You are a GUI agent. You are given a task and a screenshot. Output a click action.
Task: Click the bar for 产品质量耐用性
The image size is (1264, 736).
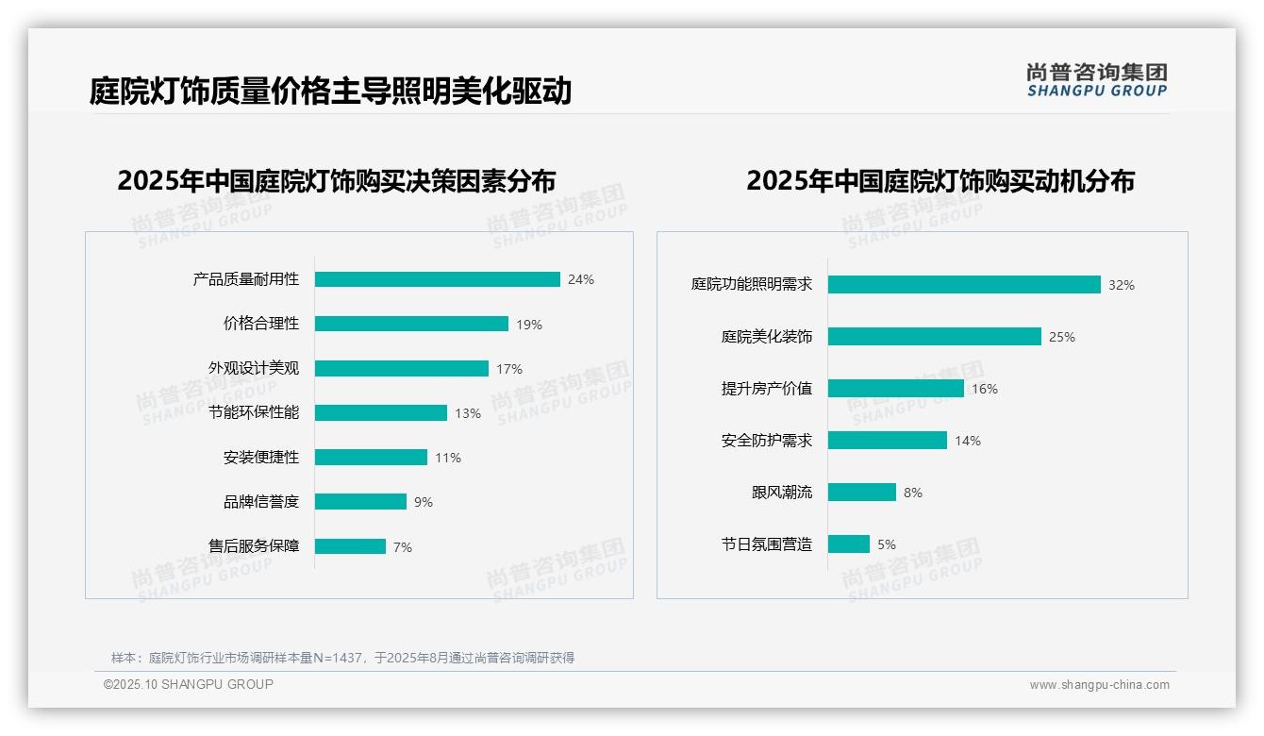(x=438, y=279)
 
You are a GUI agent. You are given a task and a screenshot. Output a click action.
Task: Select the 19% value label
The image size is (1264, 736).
(x=529, y=325)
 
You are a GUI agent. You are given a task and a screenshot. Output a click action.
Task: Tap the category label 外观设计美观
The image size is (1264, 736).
(x=254, y=368)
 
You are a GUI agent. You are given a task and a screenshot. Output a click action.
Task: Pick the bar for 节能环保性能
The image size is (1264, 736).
(x=381, y=413)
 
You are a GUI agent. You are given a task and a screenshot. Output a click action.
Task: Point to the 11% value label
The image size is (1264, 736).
(x=448, y=458)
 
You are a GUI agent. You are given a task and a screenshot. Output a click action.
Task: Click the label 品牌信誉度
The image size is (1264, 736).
(x=261, y=502)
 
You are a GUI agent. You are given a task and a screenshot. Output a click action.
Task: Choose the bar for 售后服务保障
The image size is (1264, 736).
(x=351, y=546)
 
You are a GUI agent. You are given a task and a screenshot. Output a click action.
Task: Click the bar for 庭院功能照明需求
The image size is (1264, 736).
(x=964, y=285)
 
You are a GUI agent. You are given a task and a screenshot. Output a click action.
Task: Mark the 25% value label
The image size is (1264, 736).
(x=1062, y=337)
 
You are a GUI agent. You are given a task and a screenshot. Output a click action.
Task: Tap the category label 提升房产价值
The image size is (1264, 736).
(x=767, y=389)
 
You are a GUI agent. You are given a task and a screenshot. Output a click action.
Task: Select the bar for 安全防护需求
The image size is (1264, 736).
(x=888, y=441)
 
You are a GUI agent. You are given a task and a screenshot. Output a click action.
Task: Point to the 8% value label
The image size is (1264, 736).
(x=913, y=493)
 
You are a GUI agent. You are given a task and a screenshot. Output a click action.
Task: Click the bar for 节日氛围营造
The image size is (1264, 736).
(x=849, y=544)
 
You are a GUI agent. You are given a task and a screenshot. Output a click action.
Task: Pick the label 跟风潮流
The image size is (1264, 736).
(x=782, y=493)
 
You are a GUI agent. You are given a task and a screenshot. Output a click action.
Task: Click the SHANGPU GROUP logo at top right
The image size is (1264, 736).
(x=1097, y=80)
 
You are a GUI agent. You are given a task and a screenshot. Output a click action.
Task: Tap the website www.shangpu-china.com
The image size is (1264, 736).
(x=1099, y=685)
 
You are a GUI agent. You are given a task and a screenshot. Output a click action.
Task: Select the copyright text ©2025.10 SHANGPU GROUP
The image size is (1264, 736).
(x=189, y=684)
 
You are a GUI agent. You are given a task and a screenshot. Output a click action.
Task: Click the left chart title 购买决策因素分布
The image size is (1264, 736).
(x=337, y=180)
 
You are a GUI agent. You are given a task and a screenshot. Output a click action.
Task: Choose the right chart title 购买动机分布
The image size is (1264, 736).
(x=940, y=180)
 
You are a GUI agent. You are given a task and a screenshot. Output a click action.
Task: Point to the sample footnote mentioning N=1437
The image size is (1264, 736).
(x=343, y=658)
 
